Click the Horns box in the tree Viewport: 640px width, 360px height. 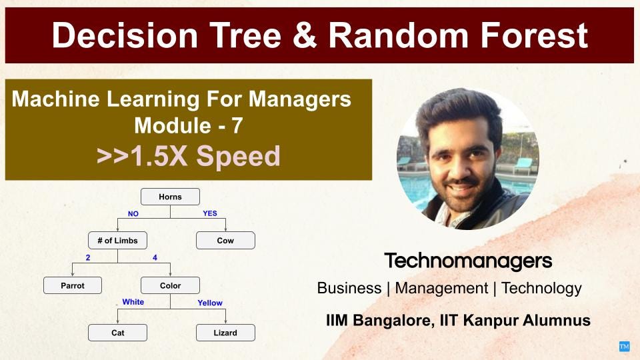pyautogui.click(x=170, y=197)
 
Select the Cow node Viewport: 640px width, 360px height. pyautogui.click(x=225, y=241)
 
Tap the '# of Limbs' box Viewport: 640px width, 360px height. pyautogui.click(x=117, y=241)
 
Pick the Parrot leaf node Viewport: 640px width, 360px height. pyautogui.click(x=73, y=285)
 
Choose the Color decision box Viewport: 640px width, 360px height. pyautogui.click(x=170, y=285)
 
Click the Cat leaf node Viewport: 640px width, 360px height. pyautogui.click(x=117, y=333)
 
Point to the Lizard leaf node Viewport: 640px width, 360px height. pyautogui.click(x=225, y=333)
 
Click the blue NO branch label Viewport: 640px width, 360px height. pyautogui.click(x=134, y=214)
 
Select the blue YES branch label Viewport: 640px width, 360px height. pyautogui.click(x=210, y=214)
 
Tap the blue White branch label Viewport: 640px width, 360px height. pyautogui.click(x=133, y=302)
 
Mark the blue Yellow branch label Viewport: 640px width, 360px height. pyautogui.click(x=210, y=303)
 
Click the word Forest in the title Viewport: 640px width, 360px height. pyautogui.click(x=537, y=35)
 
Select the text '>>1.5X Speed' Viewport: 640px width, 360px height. pyautogui.click(x=188, y=156)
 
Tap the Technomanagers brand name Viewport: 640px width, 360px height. pyautogui.click(x=468, y=261)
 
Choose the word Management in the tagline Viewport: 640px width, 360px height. pyautogui.click(x=441, y=289)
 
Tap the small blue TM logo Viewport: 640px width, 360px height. pyautogui.click(x=624, y=346)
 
